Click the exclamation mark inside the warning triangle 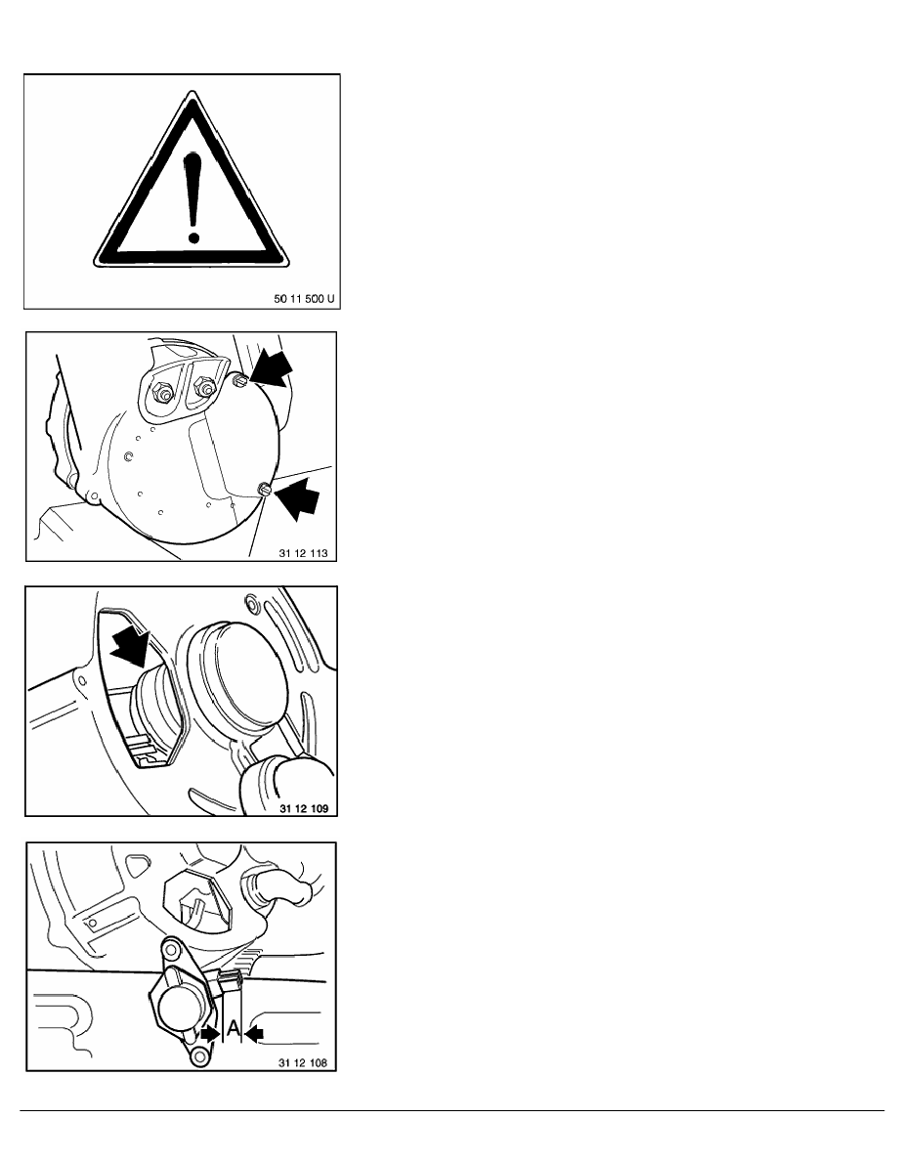pyautogui.click(x=193, y=197)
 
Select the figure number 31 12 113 pyautogui.click(x=303, y=553)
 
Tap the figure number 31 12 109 pyautogui.click(x=304, y=808)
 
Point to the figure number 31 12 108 pyautogui.click(x=303, y=1063)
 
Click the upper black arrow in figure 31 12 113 pyautogui.click(x=271, y=369)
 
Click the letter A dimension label pyautogui.click(x=233, y=1028)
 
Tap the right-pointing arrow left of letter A pyautogui.click(x=211, y=1034)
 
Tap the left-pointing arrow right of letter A pyautogui.click(x=254, y=1034)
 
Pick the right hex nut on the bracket pyautogui.click(x=203, y=386)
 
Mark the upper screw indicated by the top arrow pyautogui.click(x=239, y=380)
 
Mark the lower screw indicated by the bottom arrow pyautogui.click(x=264, y=489)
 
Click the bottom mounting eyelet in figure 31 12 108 pyautogui.click(x=198, y=1057)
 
